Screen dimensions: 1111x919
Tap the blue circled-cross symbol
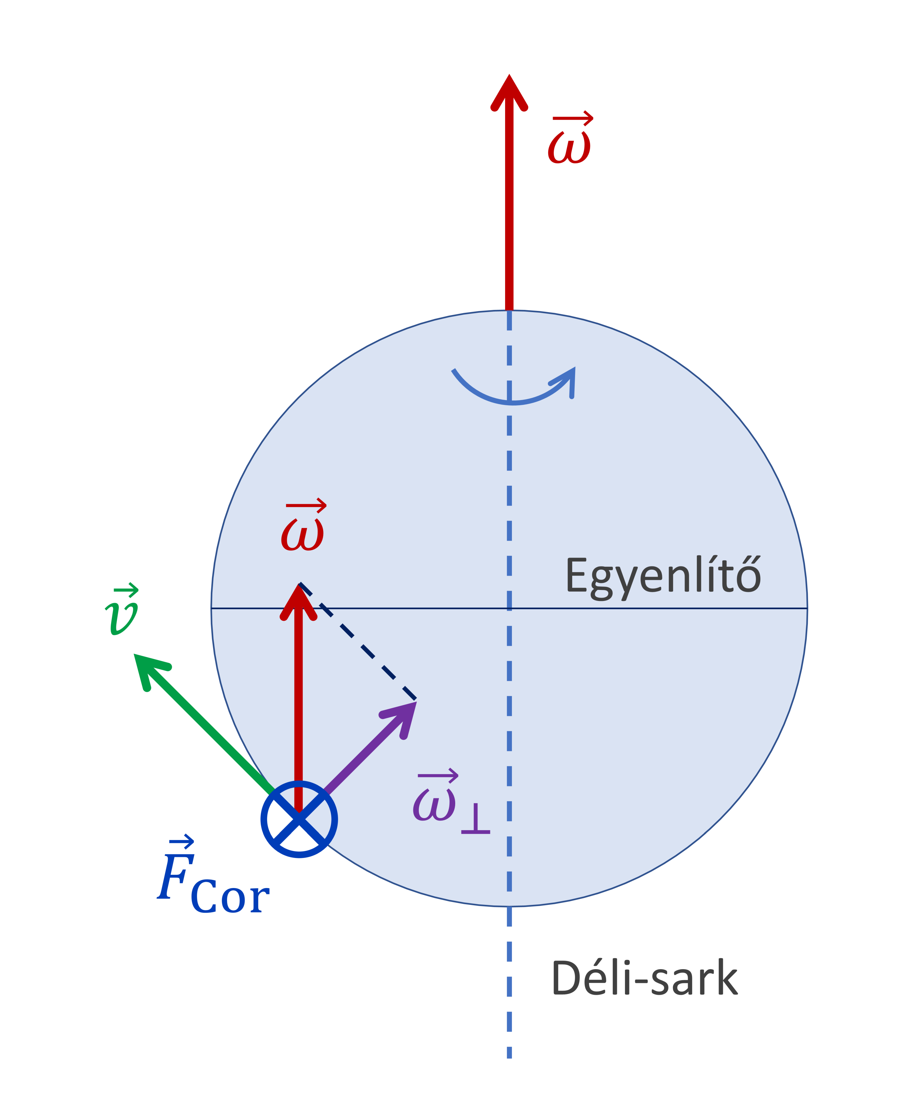pos(299,819)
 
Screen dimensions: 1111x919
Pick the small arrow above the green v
pos(126,590)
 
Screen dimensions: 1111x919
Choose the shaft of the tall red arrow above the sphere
pos(509,212)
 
